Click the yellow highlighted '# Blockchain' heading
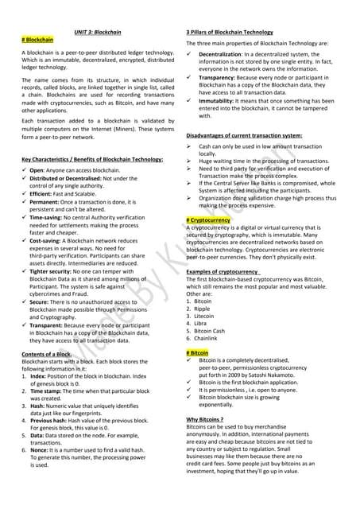tap(37, 38)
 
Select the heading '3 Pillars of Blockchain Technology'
tap(230, 30)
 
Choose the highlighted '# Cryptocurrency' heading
tap(208, 219)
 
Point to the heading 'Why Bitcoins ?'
tap(205, 419)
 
